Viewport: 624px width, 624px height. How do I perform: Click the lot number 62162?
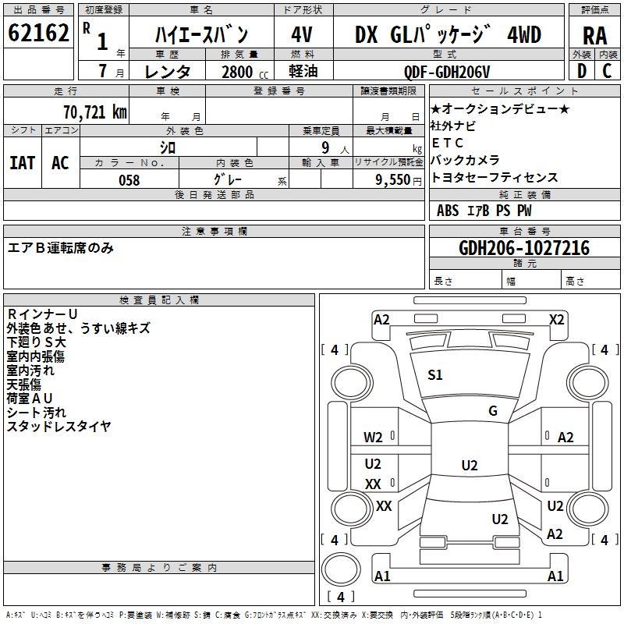pos(38,34)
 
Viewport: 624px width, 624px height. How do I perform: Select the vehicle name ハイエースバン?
pos(201,34)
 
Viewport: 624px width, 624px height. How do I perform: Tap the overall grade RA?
pos(594,35)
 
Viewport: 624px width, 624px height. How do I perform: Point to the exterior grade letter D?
pos(581,71)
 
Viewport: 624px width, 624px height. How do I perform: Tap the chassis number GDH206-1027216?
pos(524,249)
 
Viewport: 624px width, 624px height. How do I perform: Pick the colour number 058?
pos(129,179)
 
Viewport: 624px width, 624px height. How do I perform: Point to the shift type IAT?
pos(22,162)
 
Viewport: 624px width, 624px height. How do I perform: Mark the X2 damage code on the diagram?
pos(556,319)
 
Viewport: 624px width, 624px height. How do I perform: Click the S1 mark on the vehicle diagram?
pos(435,375)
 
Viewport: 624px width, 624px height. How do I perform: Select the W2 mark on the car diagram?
pos(373,437)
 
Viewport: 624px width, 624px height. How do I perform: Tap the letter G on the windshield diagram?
pos(493,411)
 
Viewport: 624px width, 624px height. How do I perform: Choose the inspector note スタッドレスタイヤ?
pos(59,426)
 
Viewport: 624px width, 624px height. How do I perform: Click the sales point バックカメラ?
pos(461,160)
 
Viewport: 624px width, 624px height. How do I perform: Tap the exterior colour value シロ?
pos(168,147)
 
